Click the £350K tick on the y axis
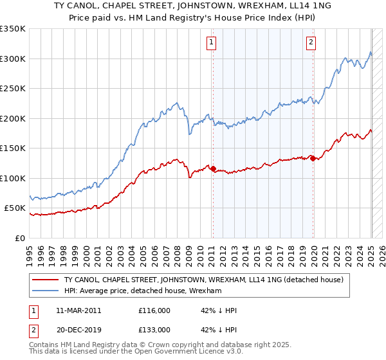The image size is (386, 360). point(13,29)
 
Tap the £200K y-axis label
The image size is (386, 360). point(13,118)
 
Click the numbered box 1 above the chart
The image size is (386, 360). point(212,43)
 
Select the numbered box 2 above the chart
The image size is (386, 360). point(311,43)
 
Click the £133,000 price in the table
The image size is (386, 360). point(154,330)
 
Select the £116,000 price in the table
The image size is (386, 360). point(154,310)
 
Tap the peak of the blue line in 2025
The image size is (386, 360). point(371,52)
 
